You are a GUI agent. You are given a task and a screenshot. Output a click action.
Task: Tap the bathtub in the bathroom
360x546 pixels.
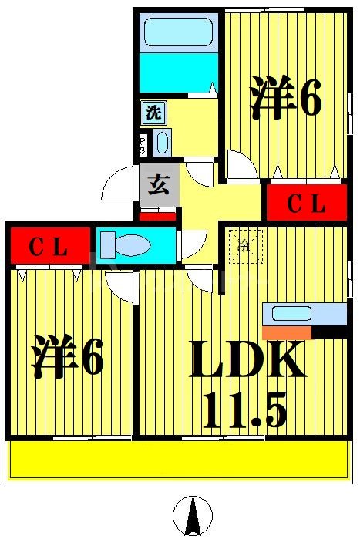point(179,34)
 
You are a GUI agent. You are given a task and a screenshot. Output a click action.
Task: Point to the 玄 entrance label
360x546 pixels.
point(159,185)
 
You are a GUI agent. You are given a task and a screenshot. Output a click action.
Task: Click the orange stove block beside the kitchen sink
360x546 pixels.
point(286,333)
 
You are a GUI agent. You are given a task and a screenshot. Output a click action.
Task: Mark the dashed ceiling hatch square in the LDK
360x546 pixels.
point(245,248)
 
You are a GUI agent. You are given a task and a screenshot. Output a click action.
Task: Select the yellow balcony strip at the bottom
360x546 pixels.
point(178,460)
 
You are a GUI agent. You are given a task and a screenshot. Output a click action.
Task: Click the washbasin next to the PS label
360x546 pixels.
point(162,143)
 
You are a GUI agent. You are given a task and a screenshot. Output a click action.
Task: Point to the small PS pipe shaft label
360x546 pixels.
point(143,143)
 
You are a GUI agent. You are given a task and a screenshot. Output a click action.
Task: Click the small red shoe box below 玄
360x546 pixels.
point(158,215)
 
